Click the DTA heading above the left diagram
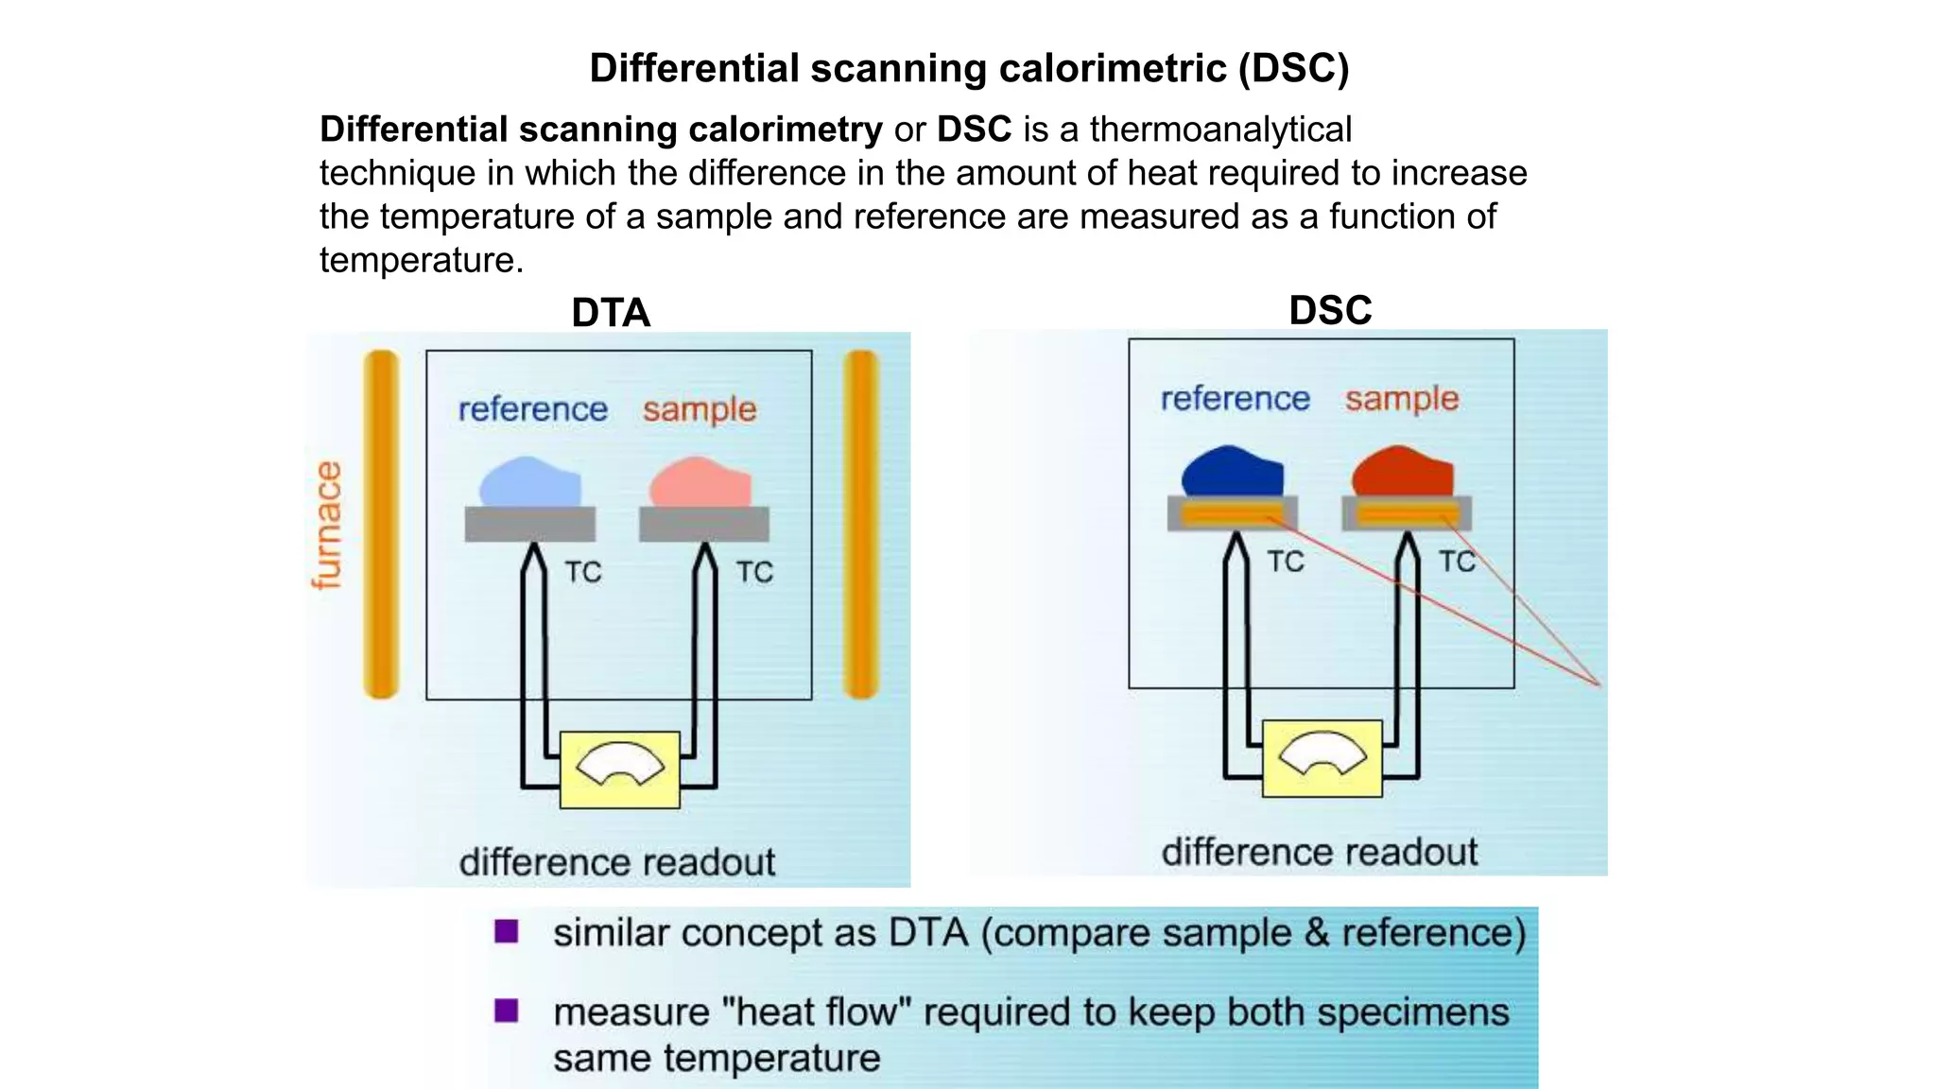[x=611, y=313]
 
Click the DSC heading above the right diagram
[x=1330, y=310]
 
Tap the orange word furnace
[x=327, y=526]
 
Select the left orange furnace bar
[x=381, y=525]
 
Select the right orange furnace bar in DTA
[x=861, y=525]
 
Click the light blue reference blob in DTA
[x=529, y=483]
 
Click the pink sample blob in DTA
[x=700, y=483]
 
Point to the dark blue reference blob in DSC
[x=1232, y=472]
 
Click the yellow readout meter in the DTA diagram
[x=619, y=769]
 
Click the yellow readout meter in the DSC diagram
[x=1322, y=758]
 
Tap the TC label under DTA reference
[x=583, y=572]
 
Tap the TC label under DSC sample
[x=1457, y=562]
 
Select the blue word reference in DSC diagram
[x=1235, y=399]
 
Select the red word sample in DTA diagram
[x=700, y=410]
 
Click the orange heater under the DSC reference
[x=1232, y=514]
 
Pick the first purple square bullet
[x=507, y=932]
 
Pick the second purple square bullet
[x=507, y=1011]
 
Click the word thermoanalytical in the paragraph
[x=1220, y=130]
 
